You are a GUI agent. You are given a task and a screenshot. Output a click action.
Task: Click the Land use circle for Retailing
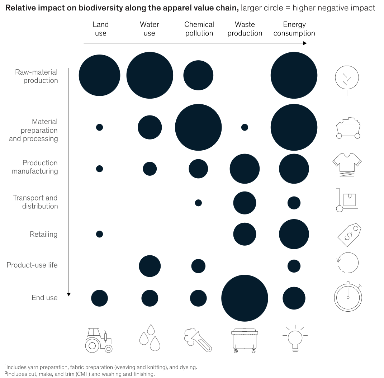pos(99,234)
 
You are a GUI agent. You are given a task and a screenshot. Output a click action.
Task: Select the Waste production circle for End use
pos(245,298)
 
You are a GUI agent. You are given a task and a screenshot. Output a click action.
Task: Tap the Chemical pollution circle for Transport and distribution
pos(198,203)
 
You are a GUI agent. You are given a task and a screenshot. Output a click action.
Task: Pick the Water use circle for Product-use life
pos(150,266)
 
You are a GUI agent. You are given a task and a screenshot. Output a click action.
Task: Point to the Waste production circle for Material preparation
pos(245,127)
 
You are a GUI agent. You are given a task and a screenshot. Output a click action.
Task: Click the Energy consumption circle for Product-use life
pos(294,266)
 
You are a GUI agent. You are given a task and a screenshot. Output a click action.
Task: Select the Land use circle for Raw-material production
pos(99,75)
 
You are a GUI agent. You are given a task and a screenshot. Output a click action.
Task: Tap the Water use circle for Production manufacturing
pos(150,169)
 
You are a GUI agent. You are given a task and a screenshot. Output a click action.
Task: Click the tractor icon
pos(99,340)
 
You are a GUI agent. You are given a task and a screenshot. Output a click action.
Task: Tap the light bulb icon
pos(295,338)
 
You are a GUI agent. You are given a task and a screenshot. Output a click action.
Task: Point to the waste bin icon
pos(245,341)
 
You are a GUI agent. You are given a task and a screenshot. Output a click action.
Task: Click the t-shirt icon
pos(347,164)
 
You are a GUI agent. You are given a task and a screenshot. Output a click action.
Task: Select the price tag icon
pos(349,235)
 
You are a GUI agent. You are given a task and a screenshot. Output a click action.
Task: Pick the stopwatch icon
pos(348,297)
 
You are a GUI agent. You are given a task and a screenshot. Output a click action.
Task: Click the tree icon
pos(347,80)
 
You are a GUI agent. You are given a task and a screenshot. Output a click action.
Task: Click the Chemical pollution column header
pos(199,29)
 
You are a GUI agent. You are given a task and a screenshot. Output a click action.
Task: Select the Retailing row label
pos(44,234)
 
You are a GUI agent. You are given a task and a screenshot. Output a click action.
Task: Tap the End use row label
pos(44,298)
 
